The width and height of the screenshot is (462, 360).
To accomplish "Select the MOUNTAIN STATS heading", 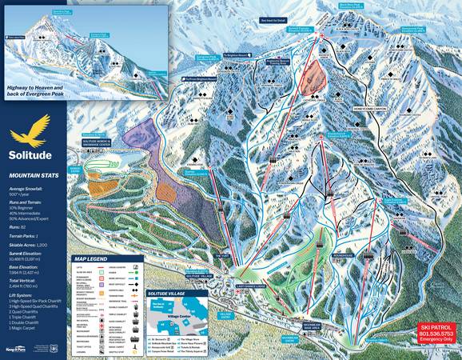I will click(x=33, y=174).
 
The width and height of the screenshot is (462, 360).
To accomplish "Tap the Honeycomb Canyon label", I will click(x=364, y=110).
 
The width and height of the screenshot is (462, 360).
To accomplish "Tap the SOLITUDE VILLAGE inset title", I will click(x=169, y=274).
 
